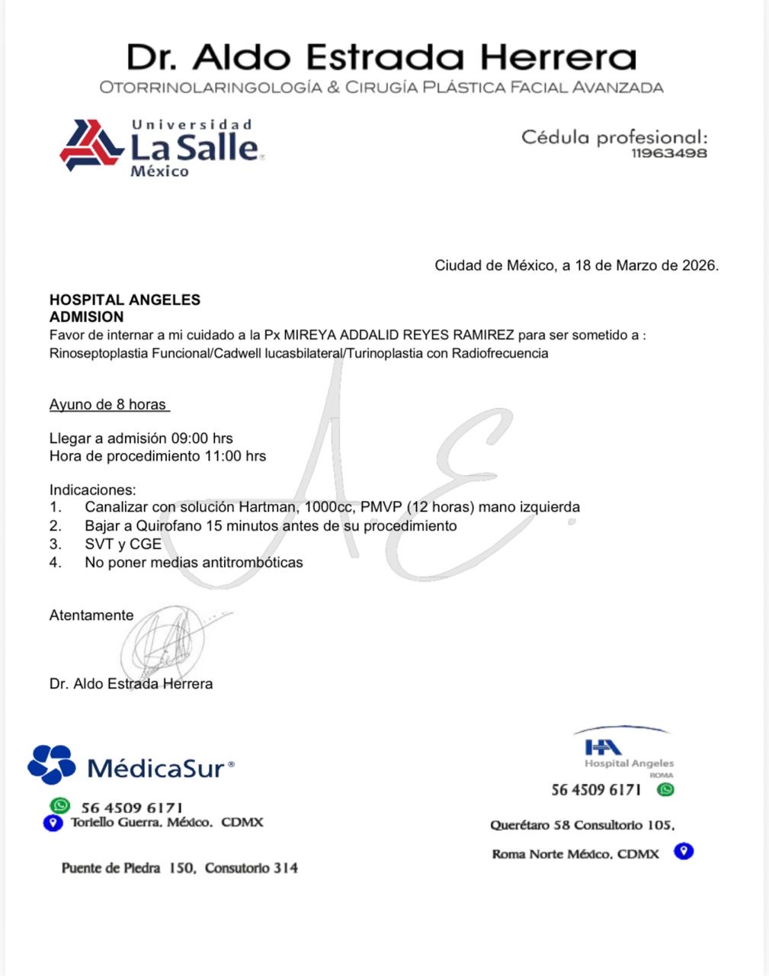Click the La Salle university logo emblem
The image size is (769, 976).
pos(91,145)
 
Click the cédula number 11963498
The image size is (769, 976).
pos(669,153)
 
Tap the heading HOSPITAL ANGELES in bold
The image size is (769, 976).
pos(125,300)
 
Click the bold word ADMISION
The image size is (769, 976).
pos(86,316)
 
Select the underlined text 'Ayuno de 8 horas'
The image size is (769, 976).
pos(108,405)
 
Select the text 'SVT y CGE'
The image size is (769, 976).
pos(123,544)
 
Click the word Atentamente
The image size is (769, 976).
pos(91,615)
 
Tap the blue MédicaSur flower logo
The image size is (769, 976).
pos(51,765)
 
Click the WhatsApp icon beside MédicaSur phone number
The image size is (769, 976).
pos(59,806)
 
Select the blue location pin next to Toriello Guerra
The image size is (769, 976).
pos(53,823)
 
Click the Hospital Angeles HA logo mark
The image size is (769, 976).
pos(602,747)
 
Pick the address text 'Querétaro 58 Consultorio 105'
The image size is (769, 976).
pos(582,825)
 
